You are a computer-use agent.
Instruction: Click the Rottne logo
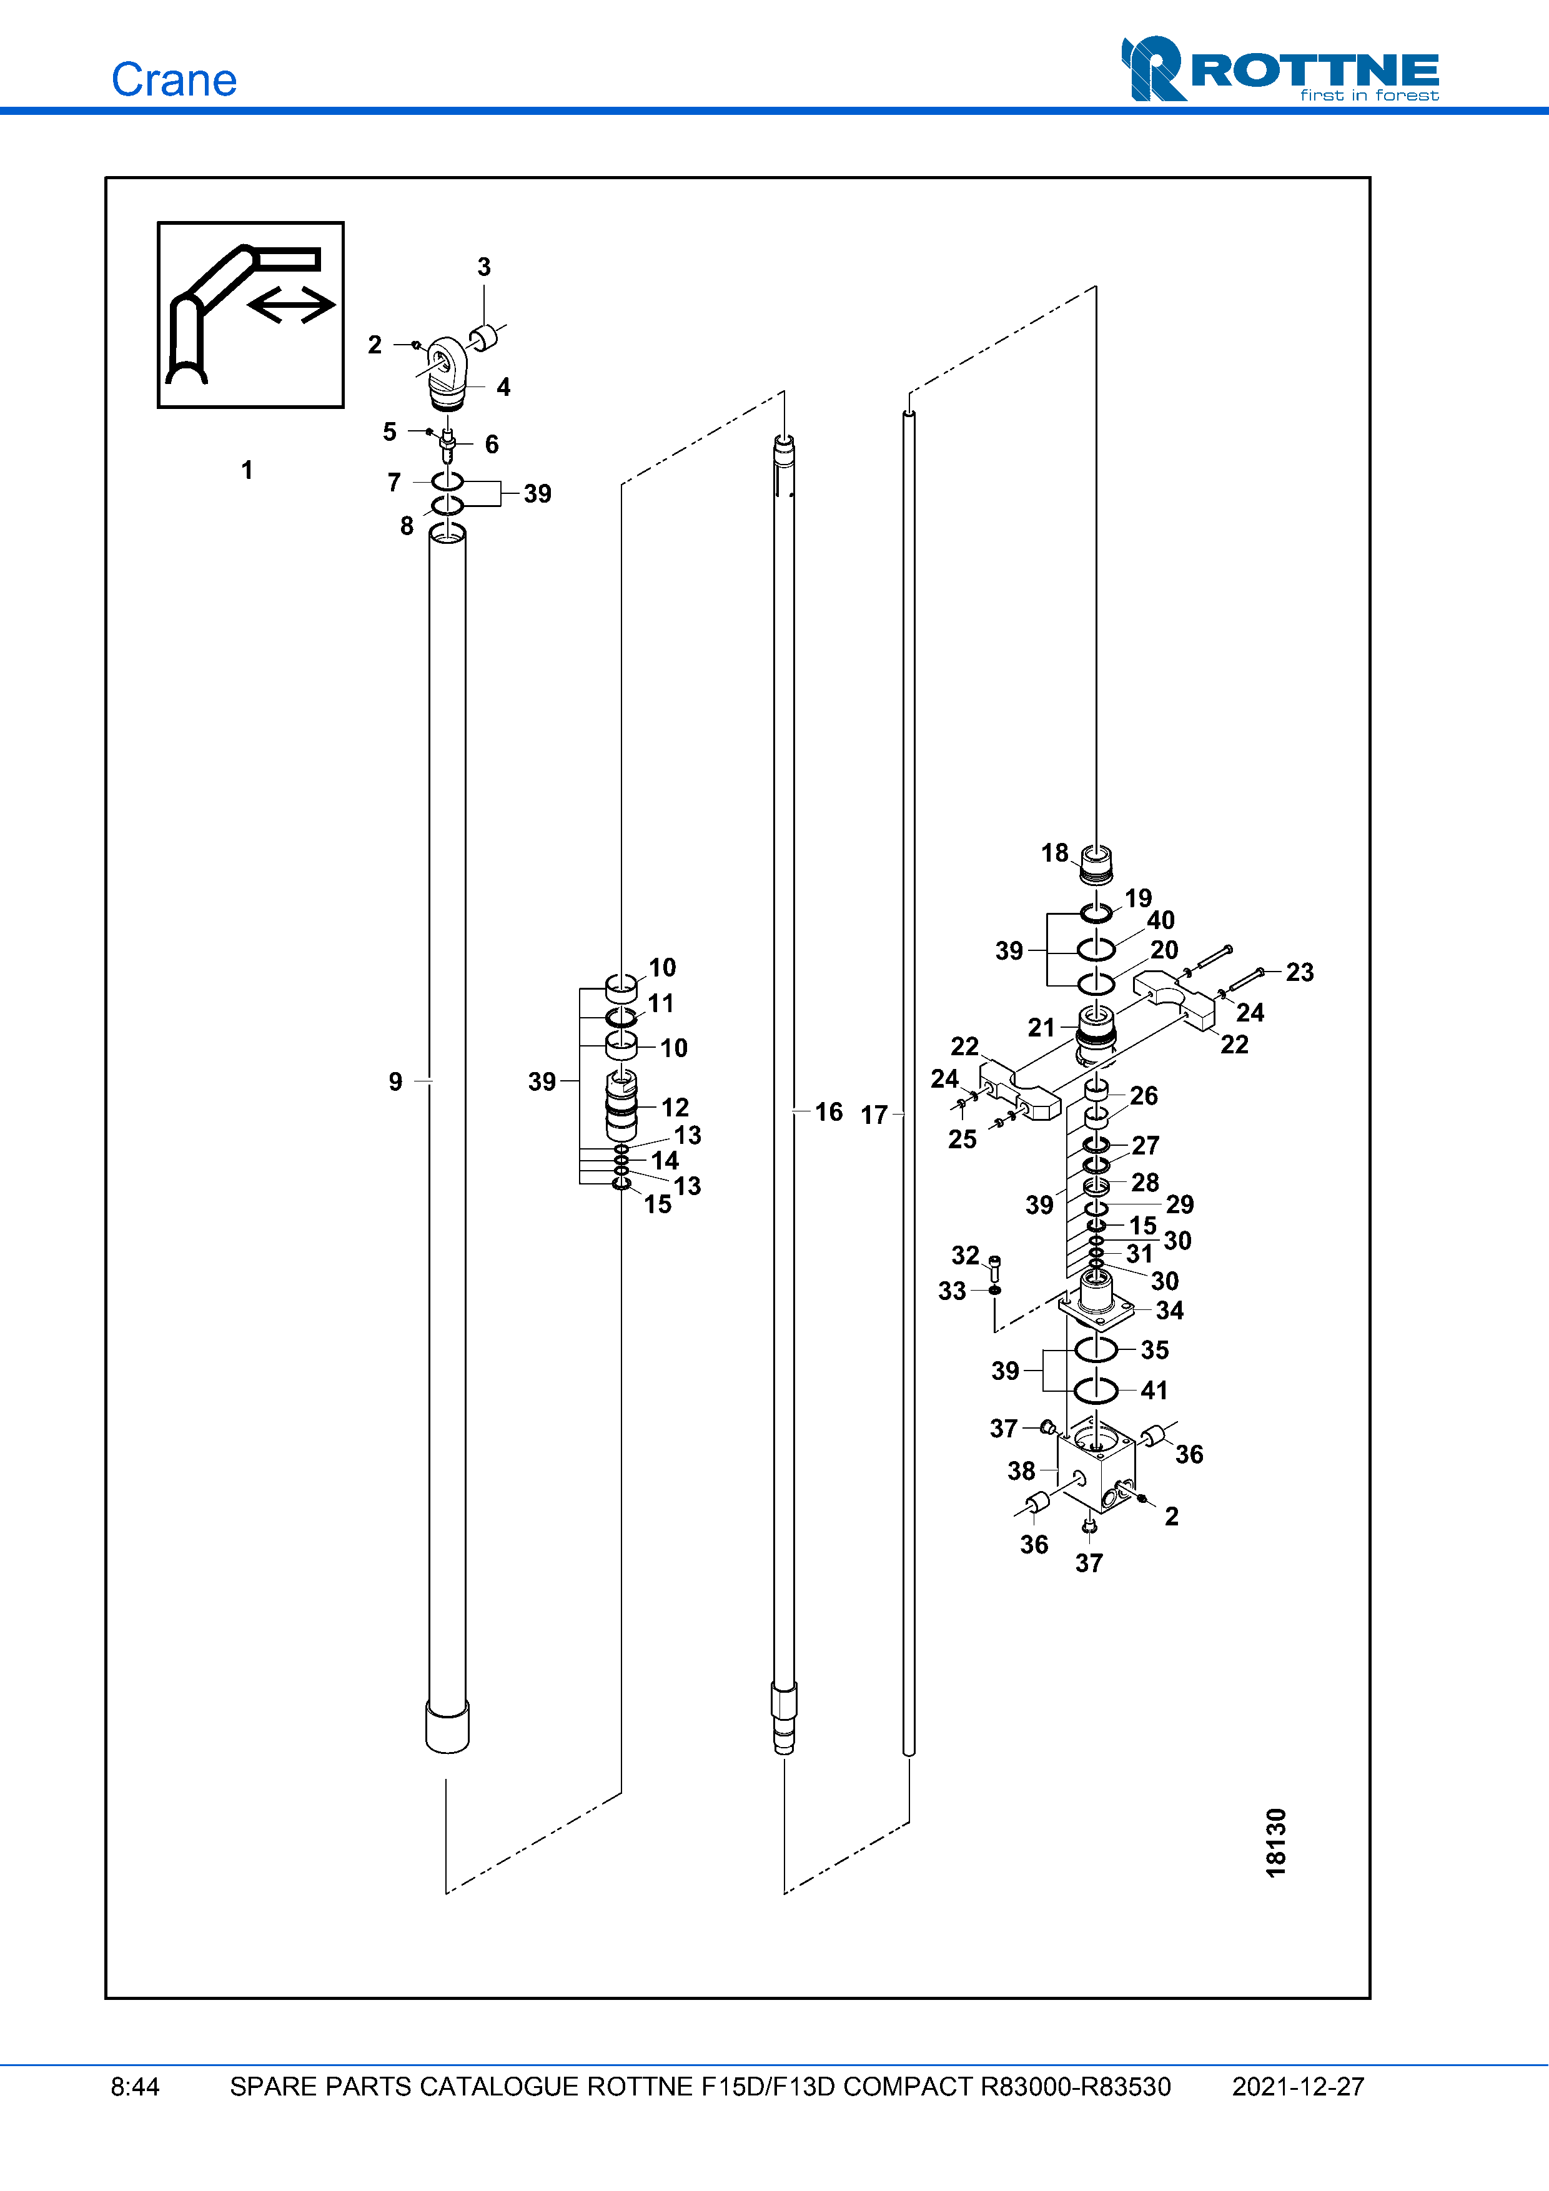click(1279, 70)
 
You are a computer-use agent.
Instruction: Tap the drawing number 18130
click(1276, 1843)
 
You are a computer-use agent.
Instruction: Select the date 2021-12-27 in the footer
click(1297, 2086)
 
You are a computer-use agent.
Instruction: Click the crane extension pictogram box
click(250, 315)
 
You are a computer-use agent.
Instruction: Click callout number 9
click(395, 1081)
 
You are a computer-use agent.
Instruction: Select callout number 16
click(828, 1111)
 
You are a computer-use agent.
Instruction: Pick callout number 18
click(1054, 852)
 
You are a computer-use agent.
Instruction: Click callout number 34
click(1169, 1310)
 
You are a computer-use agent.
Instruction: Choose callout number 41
click(1154, 1391)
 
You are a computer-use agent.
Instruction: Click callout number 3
click(484, 267)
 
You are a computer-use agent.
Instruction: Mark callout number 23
click(1299, 972)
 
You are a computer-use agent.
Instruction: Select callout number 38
click(1021, 1470)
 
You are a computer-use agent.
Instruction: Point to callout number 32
click(965, 1255)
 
